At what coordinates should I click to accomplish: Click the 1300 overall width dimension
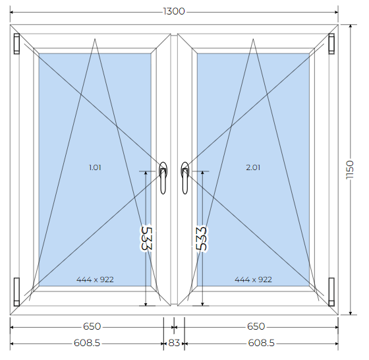[174, 11]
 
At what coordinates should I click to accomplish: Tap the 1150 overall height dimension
[350, 169]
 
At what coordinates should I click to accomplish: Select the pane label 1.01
[95, 167]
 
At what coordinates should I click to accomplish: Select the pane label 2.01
[253, 167]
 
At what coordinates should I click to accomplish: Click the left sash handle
[163, 178]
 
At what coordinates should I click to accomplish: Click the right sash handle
[185, 178]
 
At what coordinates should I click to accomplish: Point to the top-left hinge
[16, 44]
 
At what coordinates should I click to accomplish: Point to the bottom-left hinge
[16, 291]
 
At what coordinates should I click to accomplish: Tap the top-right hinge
[331, 44]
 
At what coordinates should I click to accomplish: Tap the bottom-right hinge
[331, 291]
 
